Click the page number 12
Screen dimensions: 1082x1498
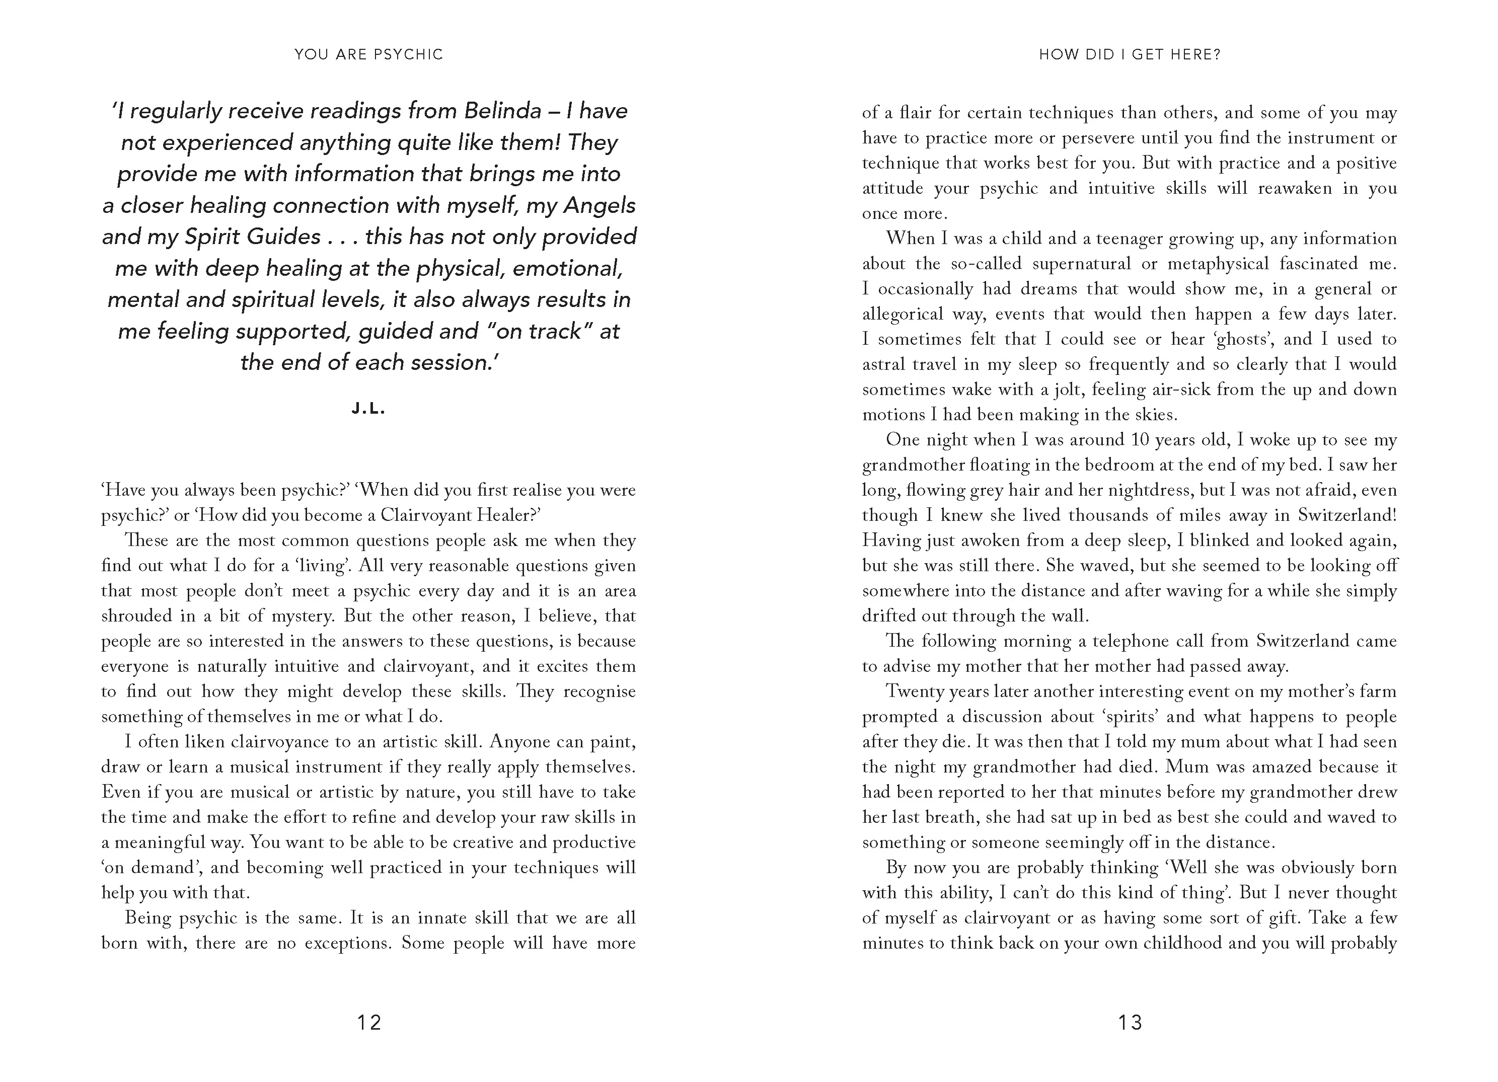(x=369, y=1023)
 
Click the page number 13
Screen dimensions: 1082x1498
(x=1130, y=1023)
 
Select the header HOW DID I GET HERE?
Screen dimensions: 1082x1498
(x=1130, y=54)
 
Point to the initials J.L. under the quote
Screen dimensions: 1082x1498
(x=368, y=409)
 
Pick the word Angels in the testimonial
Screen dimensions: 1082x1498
(x=599, y=205)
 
